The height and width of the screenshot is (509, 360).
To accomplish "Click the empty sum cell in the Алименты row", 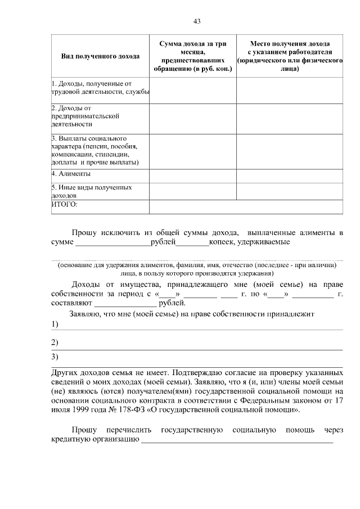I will click(x=192, y=175).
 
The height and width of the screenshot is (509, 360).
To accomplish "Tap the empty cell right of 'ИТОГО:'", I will click(x=246, y=206).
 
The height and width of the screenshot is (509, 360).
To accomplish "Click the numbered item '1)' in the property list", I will click(x=55, y=325).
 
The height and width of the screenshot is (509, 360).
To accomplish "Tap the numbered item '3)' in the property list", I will click(x=55, y=357).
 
